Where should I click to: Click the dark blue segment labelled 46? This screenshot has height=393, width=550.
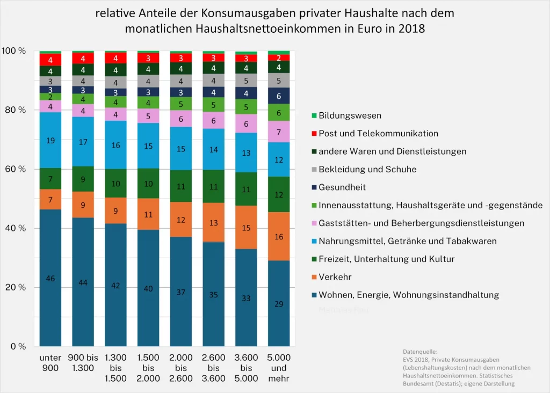[x=50, y=278]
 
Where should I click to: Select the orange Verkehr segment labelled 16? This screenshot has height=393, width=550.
[x=279, y=236]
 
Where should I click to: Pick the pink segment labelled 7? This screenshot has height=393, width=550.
[x=279, y=132]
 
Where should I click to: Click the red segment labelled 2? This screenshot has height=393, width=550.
[x=279, y=58]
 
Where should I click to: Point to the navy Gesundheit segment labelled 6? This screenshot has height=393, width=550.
[x=279, y=96]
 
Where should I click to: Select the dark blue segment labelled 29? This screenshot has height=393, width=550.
[x=279, y=303]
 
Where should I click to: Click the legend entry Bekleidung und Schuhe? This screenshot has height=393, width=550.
[x=367, y=169]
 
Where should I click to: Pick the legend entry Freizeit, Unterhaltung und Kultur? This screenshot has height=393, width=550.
[x=386, y=259]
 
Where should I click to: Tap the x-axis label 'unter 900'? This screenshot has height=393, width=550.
[x=50, y=362]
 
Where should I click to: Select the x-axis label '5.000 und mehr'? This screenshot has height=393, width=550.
[x=279, y=368]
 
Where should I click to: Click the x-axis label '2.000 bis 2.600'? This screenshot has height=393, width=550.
[x=181, y=368]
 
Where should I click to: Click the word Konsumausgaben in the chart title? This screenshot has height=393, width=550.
[x=248, y=13]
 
